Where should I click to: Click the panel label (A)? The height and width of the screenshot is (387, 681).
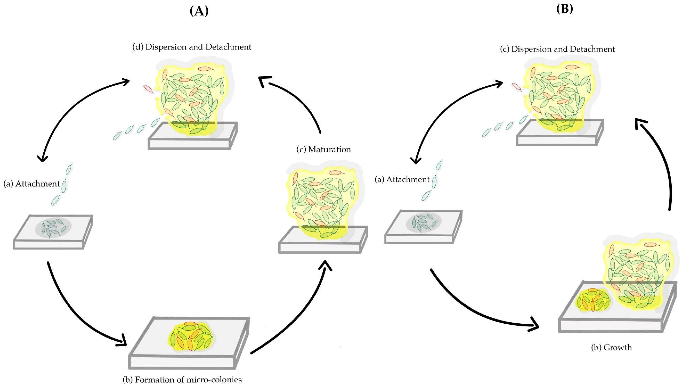[199, 11]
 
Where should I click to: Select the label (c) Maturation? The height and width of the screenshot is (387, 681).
[323, 149]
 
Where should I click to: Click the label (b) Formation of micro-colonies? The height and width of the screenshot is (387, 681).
[182, 380]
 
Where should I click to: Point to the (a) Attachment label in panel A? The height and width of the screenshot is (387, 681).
[32, 184]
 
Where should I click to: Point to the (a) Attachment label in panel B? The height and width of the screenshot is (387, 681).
[402, 180]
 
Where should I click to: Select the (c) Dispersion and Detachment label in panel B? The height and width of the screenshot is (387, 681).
[557, 49]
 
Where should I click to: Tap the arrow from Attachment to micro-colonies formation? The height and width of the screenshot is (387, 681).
[72, 314]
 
